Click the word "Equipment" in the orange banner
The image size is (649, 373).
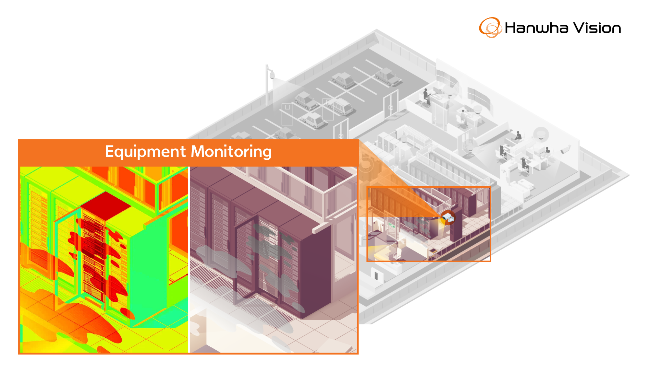[x=145, y=152]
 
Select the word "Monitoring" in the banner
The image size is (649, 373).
[x=231, y=152]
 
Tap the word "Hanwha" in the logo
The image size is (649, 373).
[x=536, y=28]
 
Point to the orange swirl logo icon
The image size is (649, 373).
[x=490, y=28]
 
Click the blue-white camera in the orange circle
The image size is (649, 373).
[x=448, y=217]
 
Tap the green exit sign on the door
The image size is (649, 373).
[x=392, y=225]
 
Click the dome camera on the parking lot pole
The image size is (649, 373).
[x=272, y=75]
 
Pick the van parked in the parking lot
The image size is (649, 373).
[x=340, y=106]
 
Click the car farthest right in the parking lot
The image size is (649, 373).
[x=387, y=76]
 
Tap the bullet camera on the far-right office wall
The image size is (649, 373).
[x=566, y=149]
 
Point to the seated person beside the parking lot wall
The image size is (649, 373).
[x=427, y=97]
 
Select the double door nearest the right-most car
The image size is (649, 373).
[x=391, y=104]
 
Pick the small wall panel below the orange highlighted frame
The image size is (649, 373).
[x=376, y=275]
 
